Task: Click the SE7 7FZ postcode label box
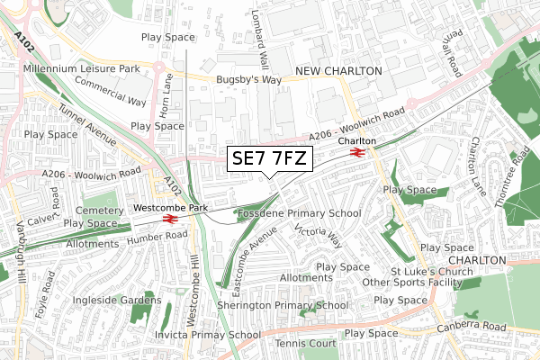[270, 159]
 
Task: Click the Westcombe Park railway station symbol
[168, 219]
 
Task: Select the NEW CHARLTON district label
[340, 70]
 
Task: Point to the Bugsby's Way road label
[248, 80]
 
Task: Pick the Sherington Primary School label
[283, 305]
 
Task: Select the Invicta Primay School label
[208, 335]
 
